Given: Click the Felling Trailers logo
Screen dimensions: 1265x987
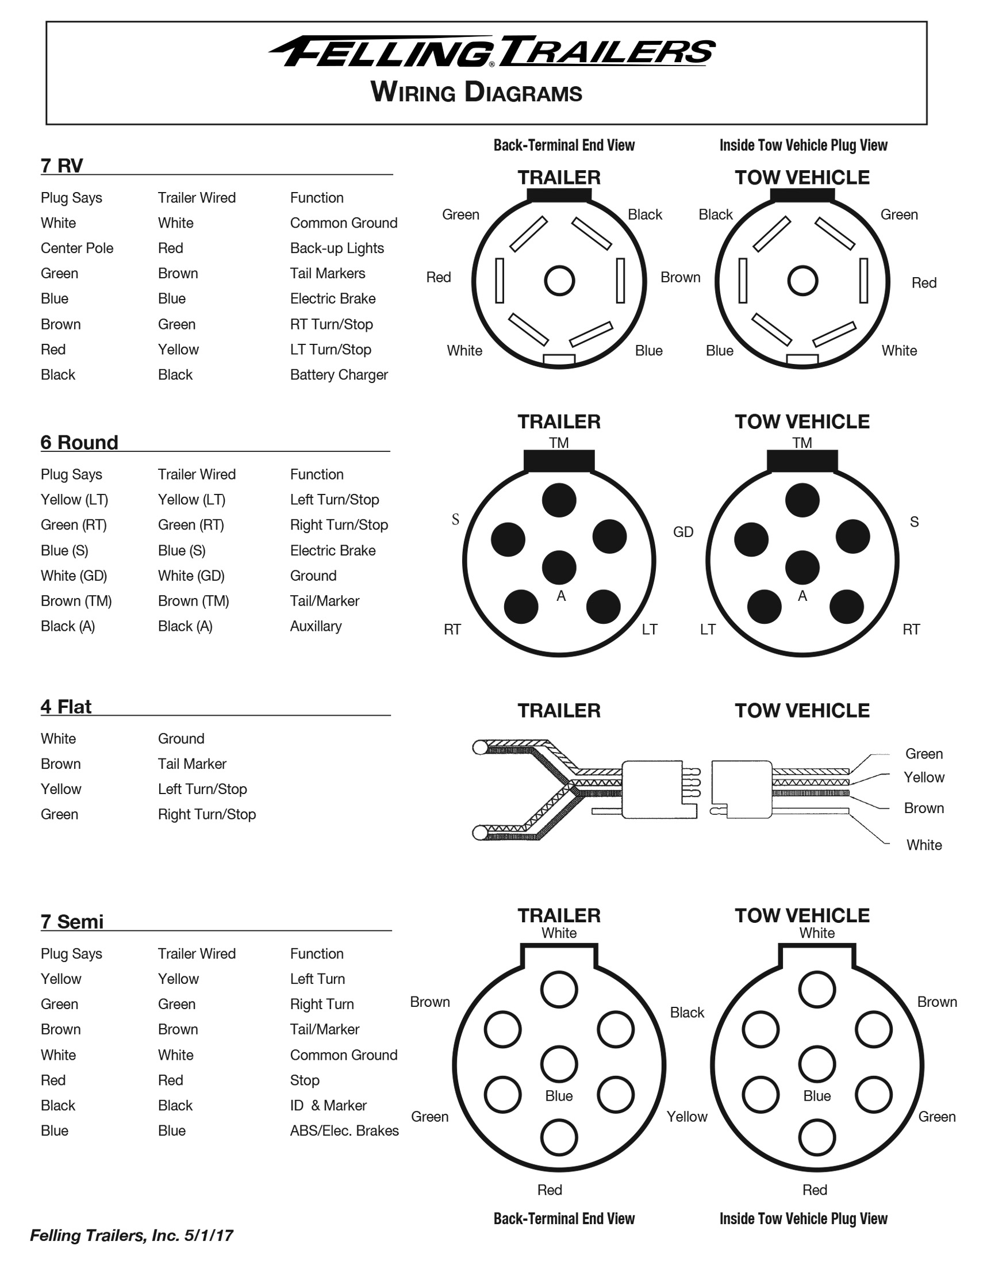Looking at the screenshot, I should pyautogui.click(x=492, y=52).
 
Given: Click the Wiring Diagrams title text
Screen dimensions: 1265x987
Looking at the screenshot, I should pyautogui.click(x=476, y=92).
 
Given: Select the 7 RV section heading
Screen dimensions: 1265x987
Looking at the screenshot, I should pyautogui.click(x=62, y=166).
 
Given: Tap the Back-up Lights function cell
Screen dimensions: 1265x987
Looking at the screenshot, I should pyautogui.click(x=336, y=248).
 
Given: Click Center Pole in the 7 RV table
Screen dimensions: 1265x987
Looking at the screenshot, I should pyautogui.click(x=76, y=248).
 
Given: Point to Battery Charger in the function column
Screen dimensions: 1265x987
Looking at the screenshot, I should pyautogui.click(x=338, y=375).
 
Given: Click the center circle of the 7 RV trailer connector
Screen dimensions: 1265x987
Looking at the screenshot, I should pyautogui.click(x=559, y=281).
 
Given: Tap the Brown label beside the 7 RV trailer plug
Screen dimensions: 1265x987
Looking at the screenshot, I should pyautogui.click(x=679, y=278).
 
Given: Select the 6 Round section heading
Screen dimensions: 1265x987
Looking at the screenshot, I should pyautogui.click(x=79, y=443).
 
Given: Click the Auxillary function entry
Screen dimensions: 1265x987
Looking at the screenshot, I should pyautogui.click(x=316, y=626).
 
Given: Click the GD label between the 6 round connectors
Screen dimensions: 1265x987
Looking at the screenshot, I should pyautogui.click(x=682, y=532).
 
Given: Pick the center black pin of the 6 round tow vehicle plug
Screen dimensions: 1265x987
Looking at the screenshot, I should pyautogui.click(x=802, y=567).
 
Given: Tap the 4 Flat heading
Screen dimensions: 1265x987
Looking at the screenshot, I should pyautogui.click(x=66, y=707).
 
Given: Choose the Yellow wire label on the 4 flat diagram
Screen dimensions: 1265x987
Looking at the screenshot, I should pyautogui.click(x=923, y=777).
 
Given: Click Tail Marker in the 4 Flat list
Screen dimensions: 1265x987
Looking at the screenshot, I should pyautogui.click(x=191, y=764).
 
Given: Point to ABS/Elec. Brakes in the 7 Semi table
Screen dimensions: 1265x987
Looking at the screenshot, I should pyautogui.click(x=344, y=1130).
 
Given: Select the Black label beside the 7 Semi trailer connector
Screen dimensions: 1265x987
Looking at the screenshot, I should pyautogui.click(x=686, y=1013).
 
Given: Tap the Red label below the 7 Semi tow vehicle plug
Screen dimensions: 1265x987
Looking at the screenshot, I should pyautogui.click(x=814, y=1190).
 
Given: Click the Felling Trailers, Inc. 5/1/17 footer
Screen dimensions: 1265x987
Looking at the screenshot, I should pyautogui.click(x=132, y=1236).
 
